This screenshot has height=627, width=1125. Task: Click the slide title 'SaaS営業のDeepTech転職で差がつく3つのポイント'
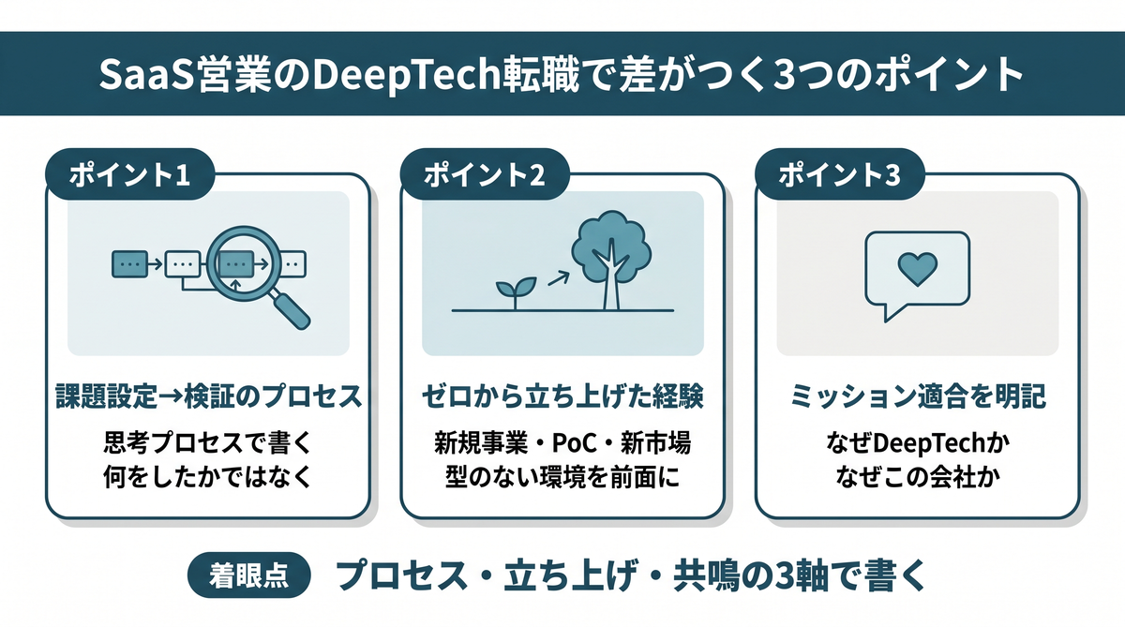pos(561,74)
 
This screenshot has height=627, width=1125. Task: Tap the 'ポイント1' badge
pos(130,174)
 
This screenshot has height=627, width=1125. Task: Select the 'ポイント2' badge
pos(485,174)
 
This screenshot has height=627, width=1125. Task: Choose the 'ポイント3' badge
pos(839,174)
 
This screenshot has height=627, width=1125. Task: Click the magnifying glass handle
pos(292,311)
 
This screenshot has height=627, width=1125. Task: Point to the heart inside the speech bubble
pos(917,269)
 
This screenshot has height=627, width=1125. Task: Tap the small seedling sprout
pos(515,292)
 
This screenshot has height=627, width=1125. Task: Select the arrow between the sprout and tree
pos(559,278)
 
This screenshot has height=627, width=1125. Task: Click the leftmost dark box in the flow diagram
pos(129,263)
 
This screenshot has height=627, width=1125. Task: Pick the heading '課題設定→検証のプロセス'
pos(208,396)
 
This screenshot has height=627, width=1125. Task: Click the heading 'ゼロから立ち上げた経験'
pos(562,396)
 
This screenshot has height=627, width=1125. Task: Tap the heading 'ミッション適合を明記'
pos(918,396)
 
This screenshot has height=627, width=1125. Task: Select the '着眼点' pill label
pos(249,575)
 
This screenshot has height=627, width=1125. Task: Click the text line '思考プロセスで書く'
pos(208,442)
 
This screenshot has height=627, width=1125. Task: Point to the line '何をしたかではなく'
pos(208,477)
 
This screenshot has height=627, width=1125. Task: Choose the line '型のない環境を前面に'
pos(562,477)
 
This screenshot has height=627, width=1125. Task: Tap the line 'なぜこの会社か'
pos(918,477)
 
